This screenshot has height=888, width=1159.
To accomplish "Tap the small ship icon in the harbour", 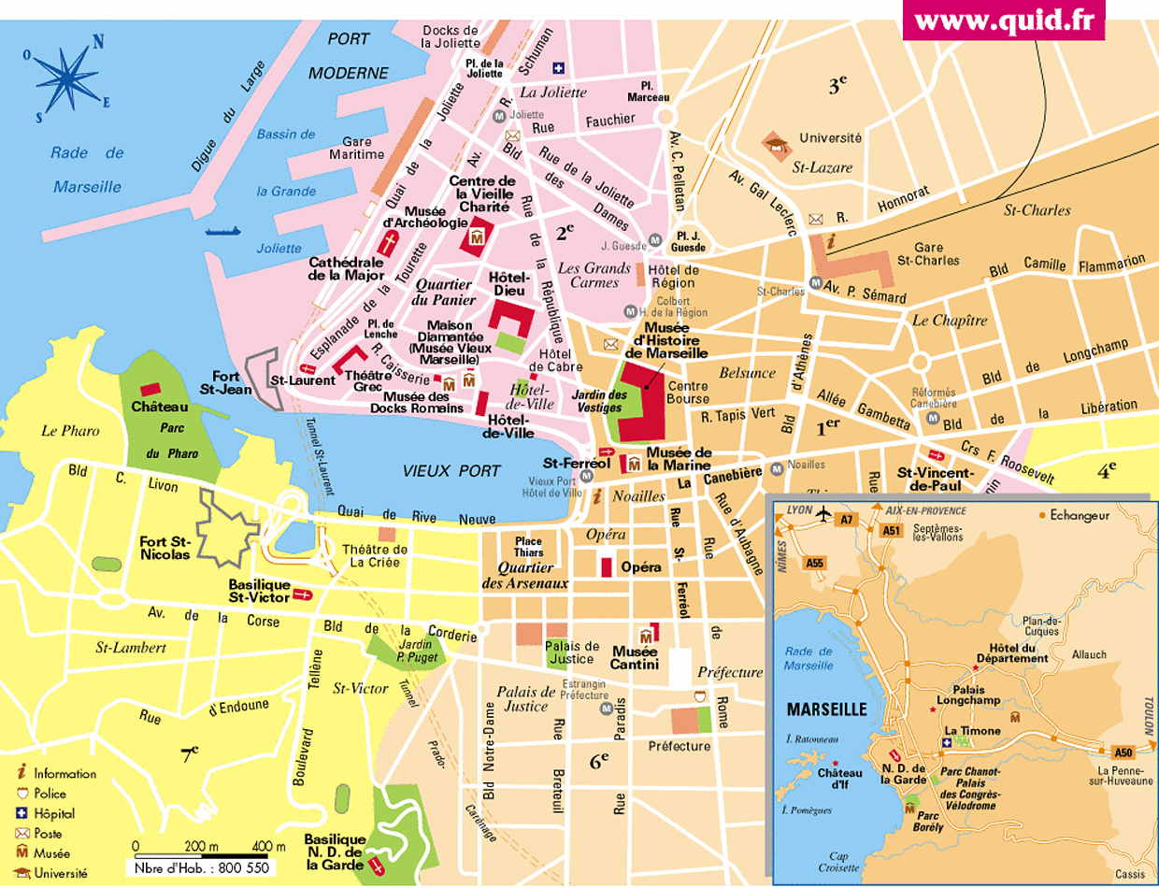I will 223,230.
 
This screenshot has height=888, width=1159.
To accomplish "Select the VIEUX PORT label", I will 451,471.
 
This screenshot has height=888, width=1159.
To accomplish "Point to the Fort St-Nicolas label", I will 165,548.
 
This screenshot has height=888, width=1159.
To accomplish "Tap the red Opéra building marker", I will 605,566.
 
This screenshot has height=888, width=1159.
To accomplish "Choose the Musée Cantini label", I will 636,658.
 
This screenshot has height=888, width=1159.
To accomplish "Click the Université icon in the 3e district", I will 775,143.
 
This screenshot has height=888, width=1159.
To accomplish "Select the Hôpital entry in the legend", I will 55,813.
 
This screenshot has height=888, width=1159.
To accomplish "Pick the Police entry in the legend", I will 52,793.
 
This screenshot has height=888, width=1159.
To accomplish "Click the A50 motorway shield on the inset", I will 1123,752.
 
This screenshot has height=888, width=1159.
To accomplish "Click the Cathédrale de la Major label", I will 346,268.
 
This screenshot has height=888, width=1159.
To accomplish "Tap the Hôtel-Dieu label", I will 509,284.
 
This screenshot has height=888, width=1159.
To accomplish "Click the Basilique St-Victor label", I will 260,591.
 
